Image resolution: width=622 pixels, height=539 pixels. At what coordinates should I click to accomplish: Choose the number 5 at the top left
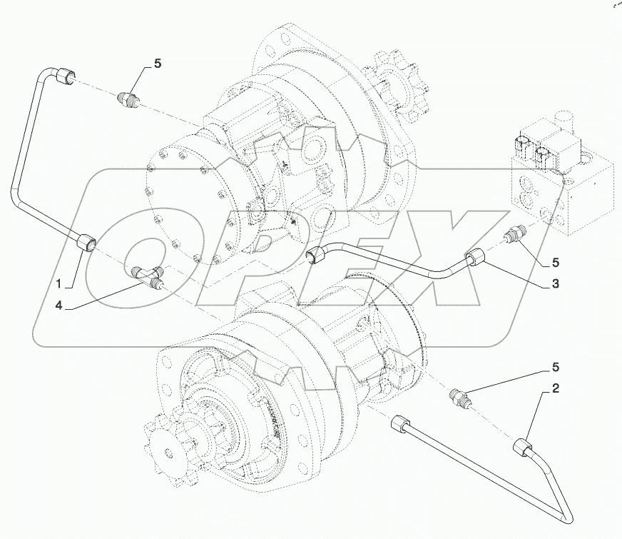[158, 64]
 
